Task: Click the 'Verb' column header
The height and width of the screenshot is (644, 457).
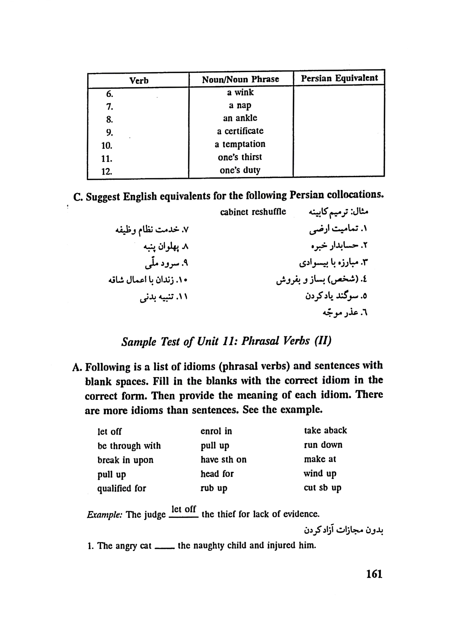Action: tap(139, 81)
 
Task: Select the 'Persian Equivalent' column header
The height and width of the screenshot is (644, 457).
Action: tap(339, 78)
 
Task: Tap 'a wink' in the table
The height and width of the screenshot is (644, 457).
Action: tap(240, 92)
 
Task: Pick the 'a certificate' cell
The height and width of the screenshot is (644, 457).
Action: tap(240, 131)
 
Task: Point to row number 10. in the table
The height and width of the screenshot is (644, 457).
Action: tap(107, 146)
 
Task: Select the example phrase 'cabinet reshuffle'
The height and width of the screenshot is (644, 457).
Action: tap(253, 212)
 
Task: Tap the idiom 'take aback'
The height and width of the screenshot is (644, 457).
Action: tap(325, 430)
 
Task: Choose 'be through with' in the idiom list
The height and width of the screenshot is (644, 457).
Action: tap(129, 446)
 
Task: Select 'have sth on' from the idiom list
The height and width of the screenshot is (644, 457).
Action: tap(223, 460)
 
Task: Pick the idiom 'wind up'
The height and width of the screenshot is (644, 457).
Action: tap(320, 474)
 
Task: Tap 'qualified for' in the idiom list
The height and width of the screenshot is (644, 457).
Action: tap(122, 488)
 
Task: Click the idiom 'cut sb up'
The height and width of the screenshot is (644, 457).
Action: tap(322, 488)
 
